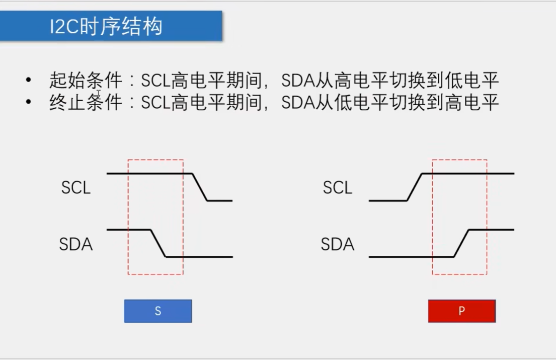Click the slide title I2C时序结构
pos(106,26)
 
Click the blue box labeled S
pos(158,311)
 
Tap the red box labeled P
pos(461,311)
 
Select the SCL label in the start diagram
pos(76,188)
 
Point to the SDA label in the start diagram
pos(76,245)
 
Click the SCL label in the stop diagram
pos(338,188)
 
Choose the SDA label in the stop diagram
pos(338,245)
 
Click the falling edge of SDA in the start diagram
pos(158,243)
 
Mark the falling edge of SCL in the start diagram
pos(200,187)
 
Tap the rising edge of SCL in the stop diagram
pos(414,187)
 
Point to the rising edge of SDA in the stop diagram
pos(461,243)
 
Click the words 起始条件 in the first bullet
pos(86,81)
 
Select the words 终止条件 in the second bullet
pos(86,103)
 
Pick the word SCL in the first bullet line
pos(155,81)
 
